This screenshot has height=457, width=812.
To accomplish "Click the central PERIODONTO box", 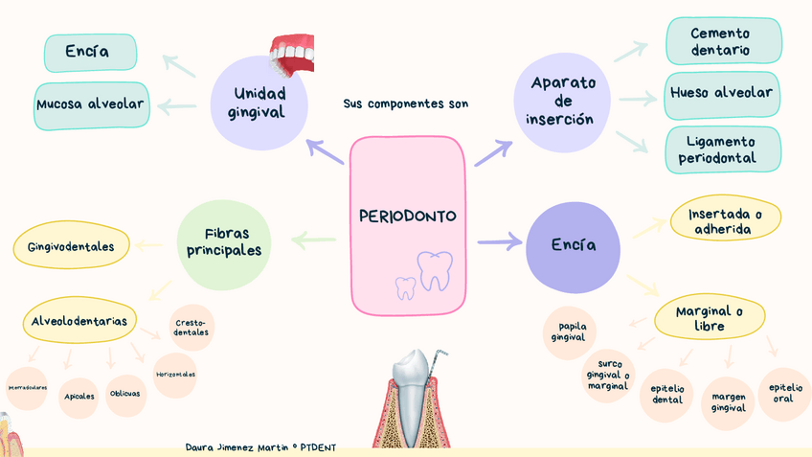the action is tap(407, 226).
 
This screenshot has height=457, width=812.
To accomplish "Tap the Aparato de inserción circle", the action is tap(562, 101).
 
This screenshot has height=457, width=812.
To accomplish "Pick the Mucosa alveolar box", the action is tap(92, 104).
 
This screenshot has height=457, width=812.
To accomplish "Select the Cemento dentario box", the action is tap(722, 41).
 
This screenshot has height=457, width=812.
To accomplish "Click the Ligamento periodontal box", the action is tap(722, 149).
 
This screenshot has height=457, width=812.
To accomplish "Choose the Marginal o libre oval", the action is tap(709, 318).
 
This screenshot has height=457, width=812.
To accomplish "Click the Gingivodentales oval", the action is tap(71, 247).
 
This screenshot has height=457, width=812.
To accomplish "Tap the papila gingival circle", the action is tap(572, 331).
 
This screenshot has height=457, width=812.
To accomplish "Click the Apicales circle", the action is tap(79, 396).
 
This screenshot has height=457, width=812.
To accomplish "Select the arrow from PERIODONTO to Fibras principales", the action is tap(313, 241).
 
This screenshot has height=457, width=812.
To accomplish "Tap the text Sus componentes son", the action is tap(405, 103).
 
